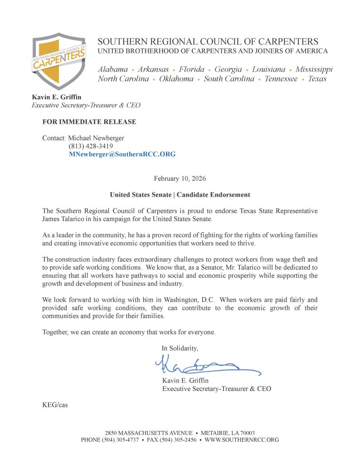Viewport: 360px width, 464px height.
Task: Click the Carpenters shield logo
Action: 58,61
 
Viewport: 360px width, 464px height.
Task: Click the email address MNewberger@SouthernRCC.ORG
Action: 122,154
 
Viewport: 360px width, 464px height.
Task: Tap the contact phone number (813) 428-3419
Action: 91,146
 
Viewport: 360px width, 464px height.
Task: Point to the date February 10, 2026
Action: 180,179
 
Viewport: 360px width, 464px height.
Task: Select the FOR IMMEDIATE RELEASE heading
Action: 89,122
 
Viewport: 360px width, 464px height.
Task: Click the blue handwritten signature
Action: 206,365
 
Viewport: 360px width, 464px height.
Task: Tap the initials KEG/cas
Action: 55,405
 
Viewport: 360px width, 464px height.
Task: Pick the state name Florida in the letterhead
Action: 192,69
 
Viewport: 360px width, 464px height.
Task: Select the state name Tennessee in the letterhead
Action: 281,79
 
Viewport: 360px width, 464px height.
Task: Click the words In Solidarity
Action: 180,348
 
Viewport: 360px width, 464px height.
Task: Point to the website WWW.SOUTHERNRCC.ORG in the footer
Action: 242,440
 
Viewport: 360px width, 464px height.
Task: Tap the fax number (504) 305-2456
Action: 177,440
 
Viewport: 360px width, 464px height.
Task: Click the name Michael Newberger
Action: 96,138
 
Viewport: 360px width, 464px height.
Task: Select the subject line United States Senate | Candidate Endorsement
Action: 180,195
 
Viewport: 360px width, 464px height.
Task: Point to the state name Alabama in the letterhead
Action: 113,69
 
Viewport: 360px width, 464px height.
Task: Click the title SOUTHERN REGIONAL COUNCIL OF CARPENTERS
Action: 208,41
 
